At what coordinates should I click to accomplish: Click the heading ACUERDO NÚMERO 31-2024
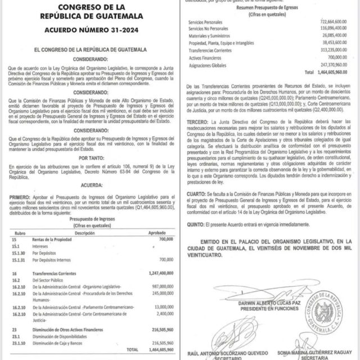pos(90,29)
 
